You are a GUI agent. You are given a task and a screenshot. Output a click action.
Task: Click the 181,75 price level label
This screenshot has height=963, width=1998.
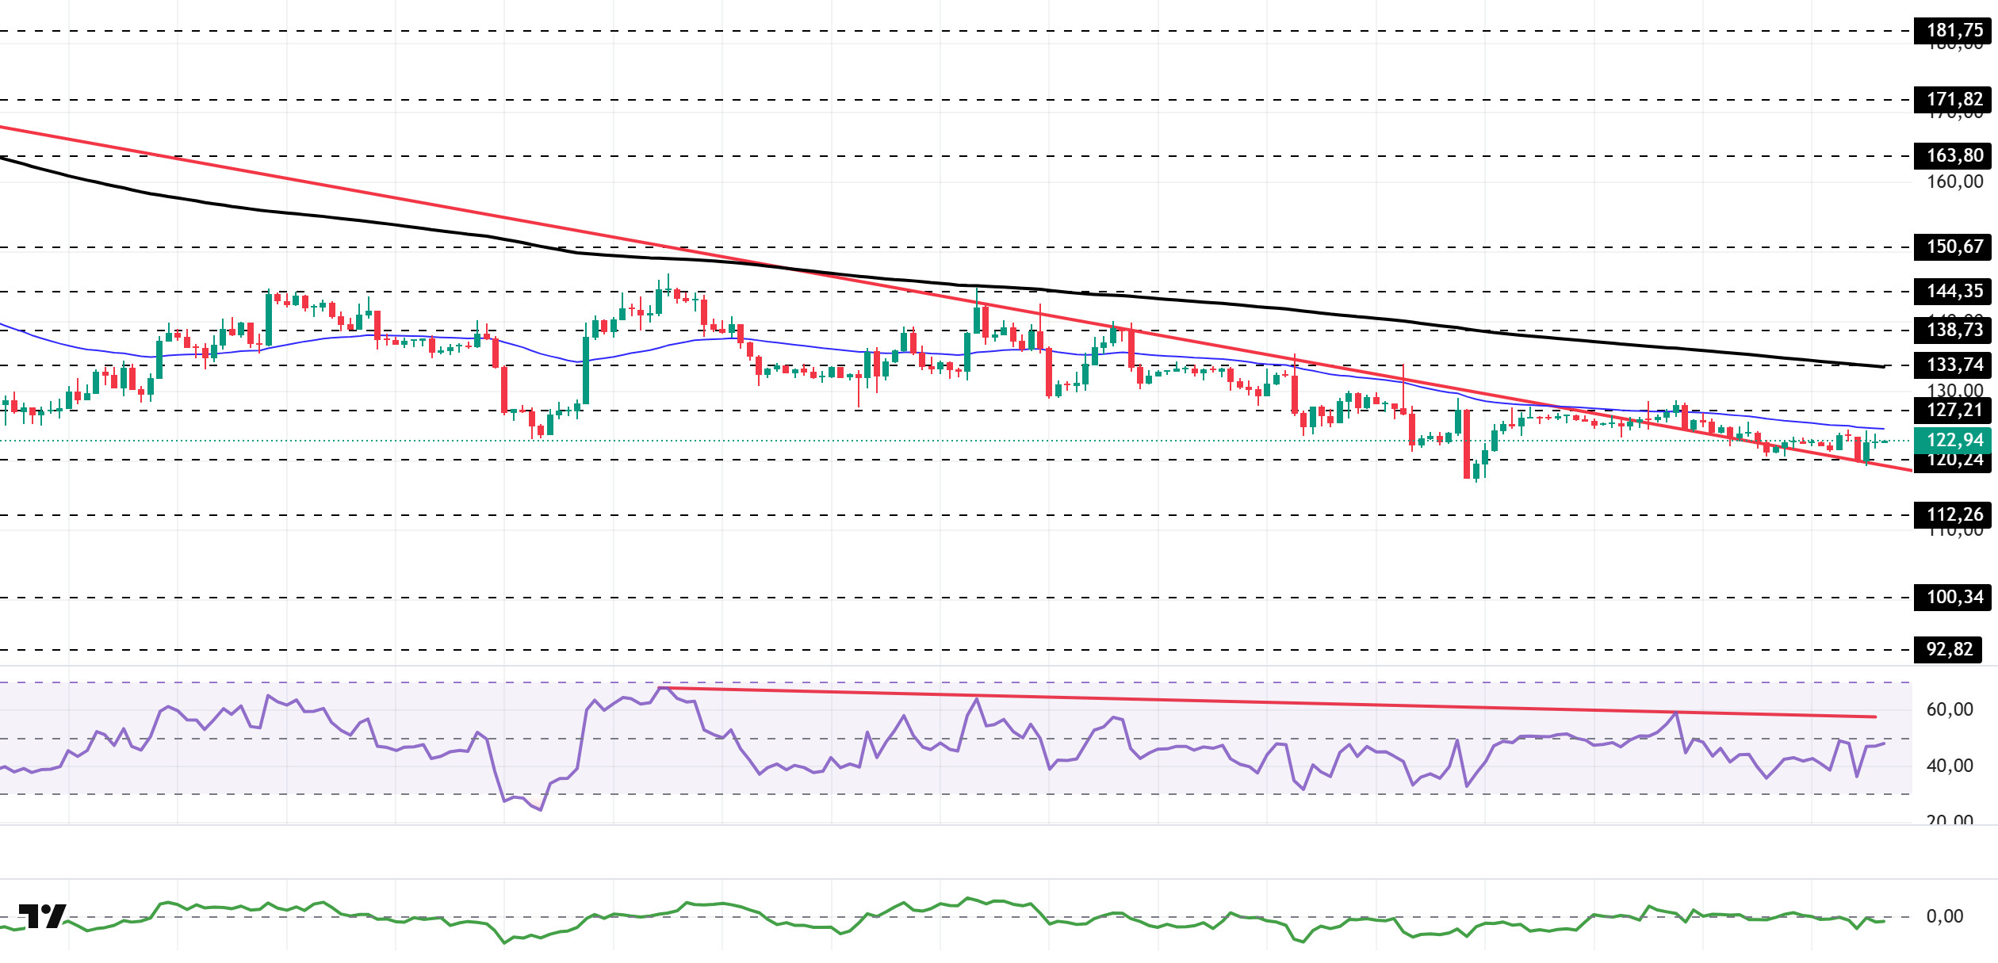click(x=1954, y=31)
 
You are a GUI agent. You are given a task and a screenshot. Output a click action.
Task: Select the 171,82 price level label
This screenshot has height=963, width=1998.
click(x=1954, y=100)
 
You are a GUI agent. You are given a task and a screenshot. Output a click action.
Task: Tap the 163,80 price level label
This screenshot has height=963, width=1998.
click(x=1954, y=155)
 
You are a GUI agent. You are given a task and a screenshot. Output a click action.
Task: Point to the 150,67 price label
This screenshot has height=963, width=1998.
click(x=1954, y=246)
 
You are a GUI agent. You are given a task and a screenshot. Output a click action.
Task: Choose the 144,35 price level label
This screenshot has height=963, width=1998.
click(x=1954, y=291)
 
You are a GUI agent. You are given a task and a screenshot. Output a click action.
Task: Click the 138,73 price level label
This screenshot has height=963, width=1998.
click(x=1954, y=330)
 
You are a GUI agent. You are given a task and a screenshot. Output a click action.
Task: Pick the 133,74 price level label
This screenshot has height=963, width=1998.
click(x=1954, y=365)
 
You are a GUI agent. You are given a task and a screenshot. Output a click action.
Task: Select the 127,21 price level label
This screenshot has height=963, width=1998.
click(x=1954, y=410)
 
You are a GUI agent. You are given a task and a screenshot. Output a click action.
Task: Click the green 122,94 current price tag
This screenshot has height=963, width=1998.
click(x=1954, y=440)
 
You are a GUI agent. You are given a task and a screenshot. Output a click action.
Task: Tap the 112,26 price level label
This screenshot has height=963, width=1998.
click(x=1954, y=514)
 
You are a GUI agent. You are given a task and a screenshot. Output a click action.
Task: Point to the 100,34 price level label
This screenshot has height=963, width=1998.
click(x=1954, y=597)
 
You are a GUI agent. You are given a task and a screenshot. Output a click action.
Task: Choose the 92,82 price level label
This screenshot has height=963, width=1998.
click(x=1949, y=649)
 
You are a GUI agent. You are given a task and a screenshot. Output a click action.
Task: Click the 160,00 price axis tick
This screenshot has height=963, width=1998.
click(x=1954, y=182)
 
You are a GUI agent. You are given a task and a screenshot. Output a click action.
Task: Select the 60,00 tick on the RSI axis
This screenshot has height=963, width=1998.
click(x=1949, y=709)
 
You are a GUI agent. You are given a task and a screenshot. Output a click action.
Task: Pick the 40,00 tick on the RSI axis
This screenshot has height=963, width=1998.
click(x=1949, y=766)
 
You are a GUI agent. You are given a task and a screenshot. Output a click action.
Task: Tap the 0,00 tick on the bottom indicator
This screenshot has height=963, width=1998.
click(x=1944, y=916)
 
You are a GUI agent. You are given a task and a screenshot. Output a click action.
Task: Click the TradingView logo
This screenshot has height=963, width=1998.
click(x=42, y=916)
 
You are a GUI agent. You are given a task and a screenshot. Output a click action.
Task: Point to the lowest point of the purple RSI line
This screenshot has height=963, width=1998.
click(x=541, y=810)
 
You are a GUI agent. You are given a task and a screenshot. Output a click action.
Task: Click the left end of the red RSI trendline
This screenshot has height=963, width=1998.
click(x=661, y=687)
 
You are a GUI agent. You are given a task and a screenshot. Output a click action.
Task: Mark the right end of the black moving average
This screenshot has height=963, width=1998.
click(x=1884, y=367)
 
